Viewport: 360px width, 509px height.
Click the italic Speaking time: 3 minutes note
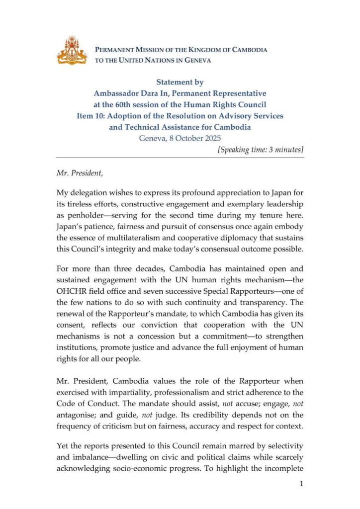260,150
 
